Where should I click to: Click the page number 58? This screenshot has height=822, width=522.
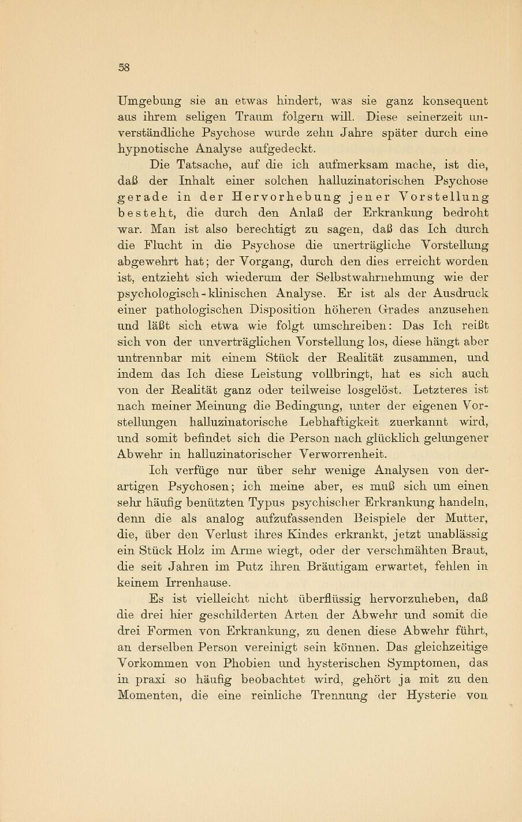(x=124, y=67)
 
